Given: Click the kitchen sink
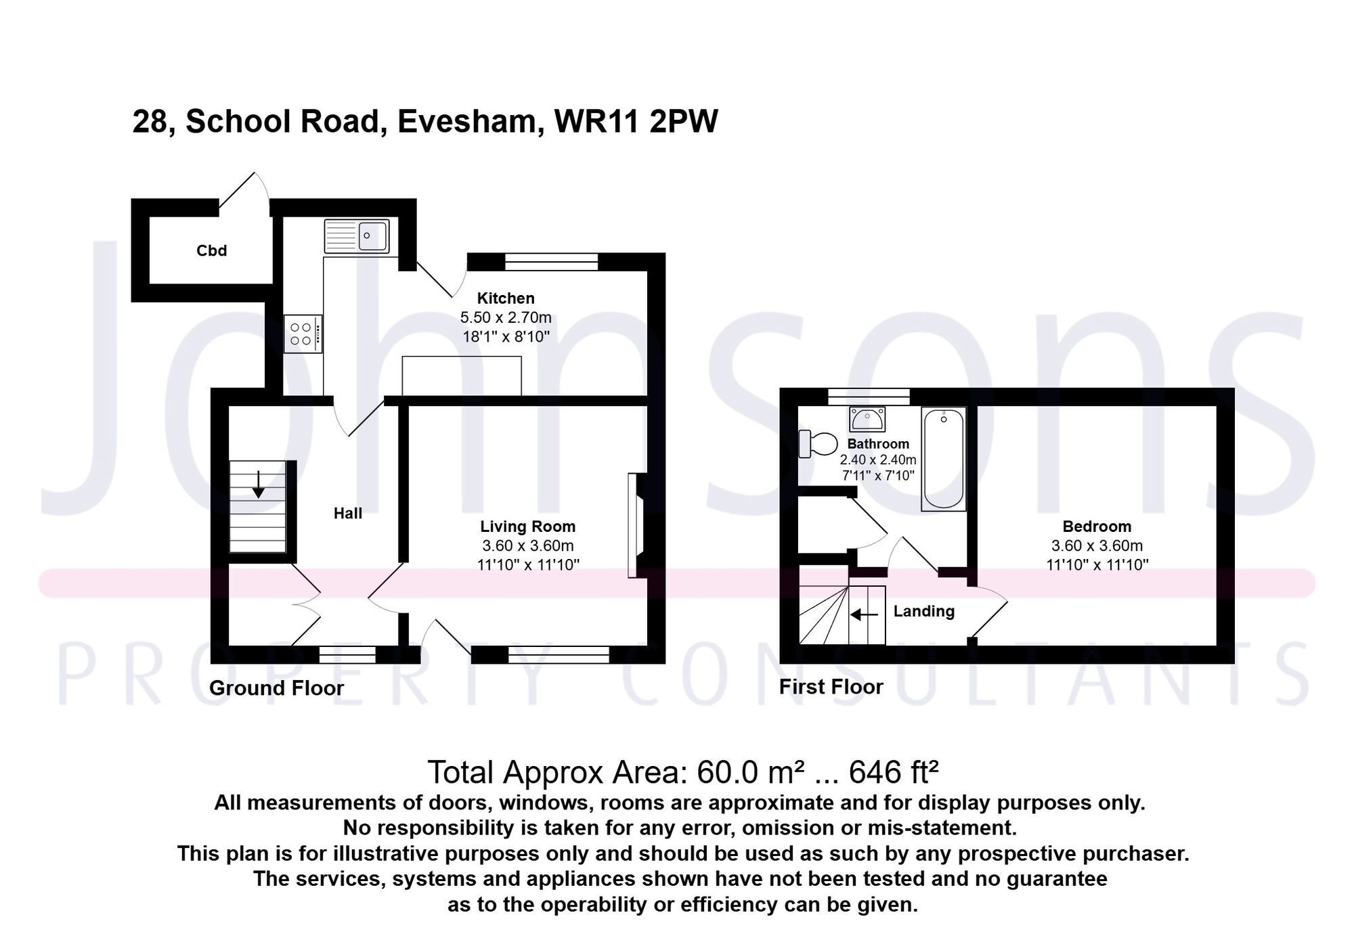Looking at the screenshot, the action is (x=357, y=236).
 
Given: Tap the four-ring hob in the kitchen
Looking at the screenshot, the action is (x=303, y=334).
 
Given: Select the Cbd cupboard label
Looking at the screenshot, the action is (x=211, y=251).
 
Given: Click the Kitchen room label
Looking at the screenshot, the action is (x=506, y=298).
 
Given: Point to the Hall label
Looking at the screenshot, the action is (x=348, y=514).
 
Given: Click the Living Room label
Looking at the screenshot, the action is (x=528, y=526).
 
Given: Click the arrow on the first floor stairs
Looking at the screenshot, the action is (x=864, y=614).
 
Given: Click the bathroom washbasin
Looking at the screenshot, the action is (x=867, y=419).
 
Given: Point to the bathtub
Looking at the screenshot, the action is (x=943, y=459).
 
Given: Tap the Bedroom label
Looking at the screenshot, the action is (x=1097, y=526).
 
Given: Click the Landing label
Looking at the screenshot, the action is (x=924, y=611).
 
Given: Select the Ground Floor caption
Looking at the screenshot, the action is (x=276, y=688).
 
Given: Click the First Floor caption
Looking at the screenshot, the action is (x=831, y=687).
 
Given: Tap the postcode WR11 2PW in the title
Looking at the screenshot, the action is (x=636, y=122).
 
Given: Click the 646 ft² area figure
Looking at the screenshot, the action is (x=894, y=772).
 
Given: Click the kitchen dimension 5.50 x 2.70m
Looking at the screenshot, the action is (x=506, y=317).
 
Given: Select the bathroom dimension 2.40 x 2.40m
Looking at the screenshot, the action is (x=878, y=460).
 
